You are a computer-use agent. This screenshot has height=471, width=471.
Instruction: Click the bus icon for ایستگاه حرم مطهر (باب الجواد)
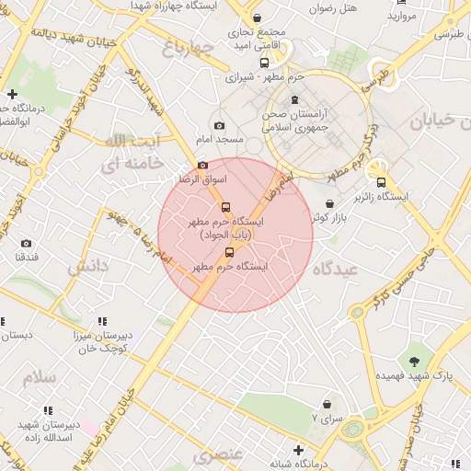227,207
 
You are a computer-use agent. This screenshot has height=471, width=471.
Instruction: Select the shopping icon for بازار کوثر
329,202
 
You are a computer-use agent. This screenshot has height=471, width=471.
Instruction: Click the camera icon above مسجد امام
219,125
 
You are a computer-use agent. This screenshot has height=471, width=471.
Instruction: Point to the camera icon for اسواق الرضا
202,165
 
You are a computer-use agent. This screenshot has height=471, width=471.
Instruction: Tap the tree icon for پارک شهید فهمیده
413,362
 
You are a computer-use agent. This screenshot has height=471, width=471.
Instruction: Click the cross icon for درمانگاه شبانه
297,450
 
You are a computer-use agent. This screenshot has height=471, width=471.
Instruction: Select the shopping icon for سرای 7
327,404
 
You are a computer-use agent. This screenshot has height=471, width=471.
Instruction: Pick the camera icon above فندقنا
26,243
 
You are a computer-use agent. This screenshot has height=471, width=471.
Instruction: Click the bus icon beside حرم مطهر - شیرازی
264,63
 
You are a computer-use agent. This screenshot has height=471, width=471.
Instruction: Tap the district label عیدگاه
334,269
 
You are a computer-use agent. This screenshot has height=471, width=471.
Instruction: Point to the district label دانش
87,267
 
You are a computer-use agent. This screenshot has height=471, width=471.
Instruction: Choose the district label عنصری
219,454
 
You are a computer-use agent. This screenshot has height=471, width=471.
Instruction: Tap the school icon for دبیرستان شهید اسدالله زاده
48,410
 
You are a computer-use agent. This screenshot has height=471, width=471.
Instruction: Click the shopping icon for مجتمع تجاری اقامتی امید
257,17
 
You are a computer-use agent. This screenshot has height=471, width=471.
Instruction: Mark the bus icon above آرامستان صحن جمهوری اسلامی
293,99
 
